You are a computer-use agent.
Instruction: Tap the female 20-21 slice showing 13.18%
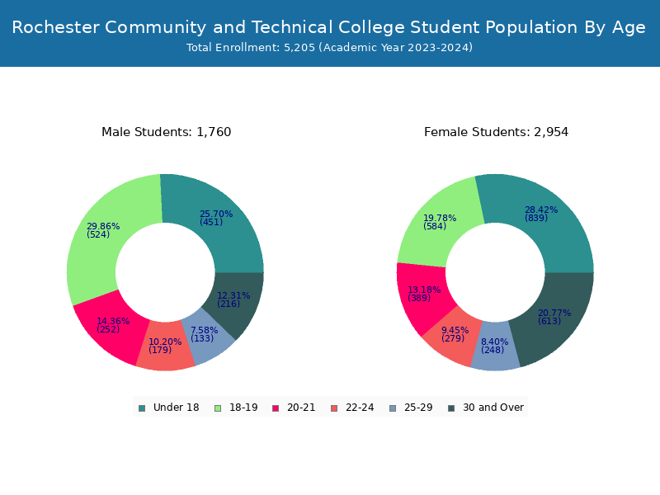click(423, 295)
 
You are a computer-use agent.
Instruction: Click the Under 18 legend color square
click(142, 408)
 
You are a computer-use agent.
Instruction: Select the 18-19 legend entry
click(237, 408)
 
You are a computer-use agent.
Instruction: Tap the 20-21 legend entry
click(295, 408)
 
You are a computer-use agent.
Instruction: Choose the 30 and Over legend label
click(493, 408)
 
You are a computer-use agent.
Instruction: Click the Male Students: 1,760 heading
click(167, 132)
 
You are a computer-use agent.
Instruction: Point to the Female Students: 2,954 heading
click(497, 132)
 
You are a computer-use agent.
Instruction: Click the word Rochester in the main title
click(55, 27)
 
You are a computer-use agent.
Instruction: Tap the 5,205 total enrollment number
click(299, 48)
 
